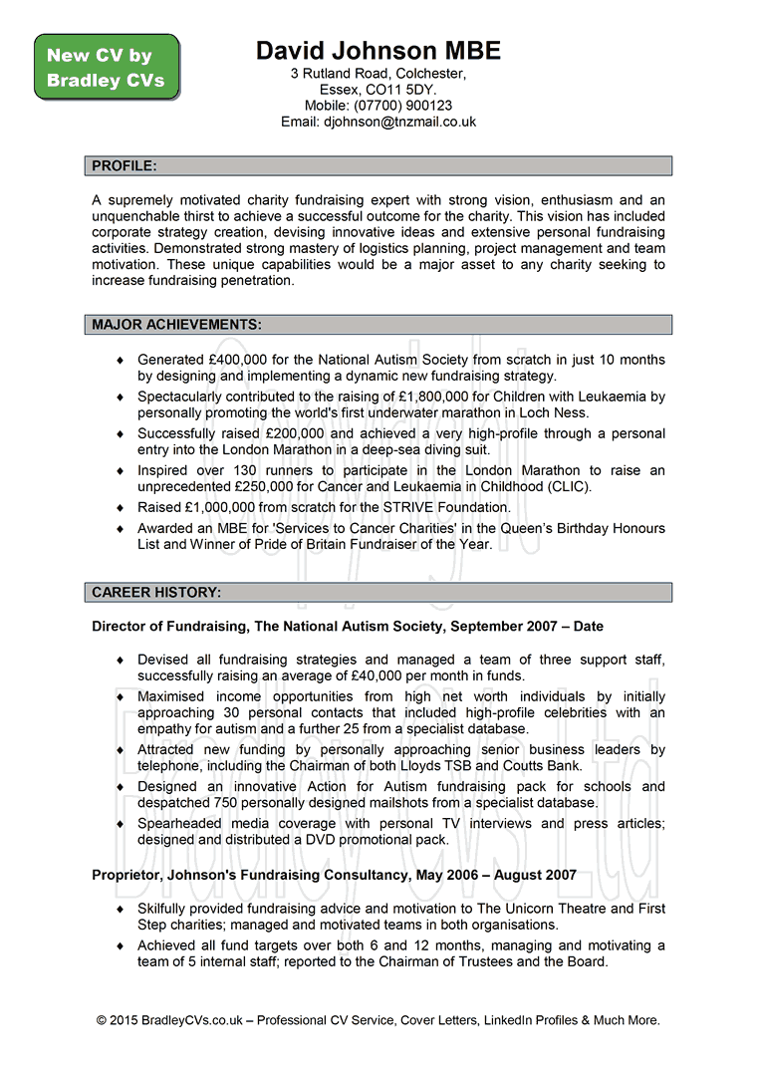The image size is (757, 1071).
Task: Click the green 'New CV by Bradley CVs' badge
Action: tap(107, 68)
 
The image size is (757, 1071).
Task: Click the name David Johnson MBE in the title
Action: tap(378, 51)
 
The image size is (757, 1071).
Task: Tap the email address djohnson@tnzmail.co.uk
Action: tap(399, 122)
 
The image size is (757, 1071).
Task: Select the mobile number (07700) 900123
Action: tap(402, 106)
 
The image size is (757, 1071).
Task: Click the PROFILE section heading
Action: tap(125, 165)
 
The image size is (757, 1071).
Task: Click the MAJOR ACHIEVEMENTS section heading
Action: tap(177, 325)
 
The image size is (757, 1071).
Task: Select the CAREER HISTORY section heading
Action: tap(156, 593)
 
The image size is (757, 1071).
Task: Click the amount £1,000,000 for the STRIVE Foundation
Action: tap(230, 507)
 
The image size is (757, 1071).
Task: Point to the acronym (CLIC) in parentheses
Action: tap(568, 486)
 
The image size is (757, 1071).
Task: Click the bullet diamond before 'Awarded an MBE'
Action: tap(121, 529)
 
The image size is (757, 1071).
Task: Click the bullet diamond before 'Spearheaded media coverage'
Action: tap(121, 824)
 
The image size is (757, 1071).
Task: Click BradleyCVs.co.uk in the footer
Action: tap(189, 1020)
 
